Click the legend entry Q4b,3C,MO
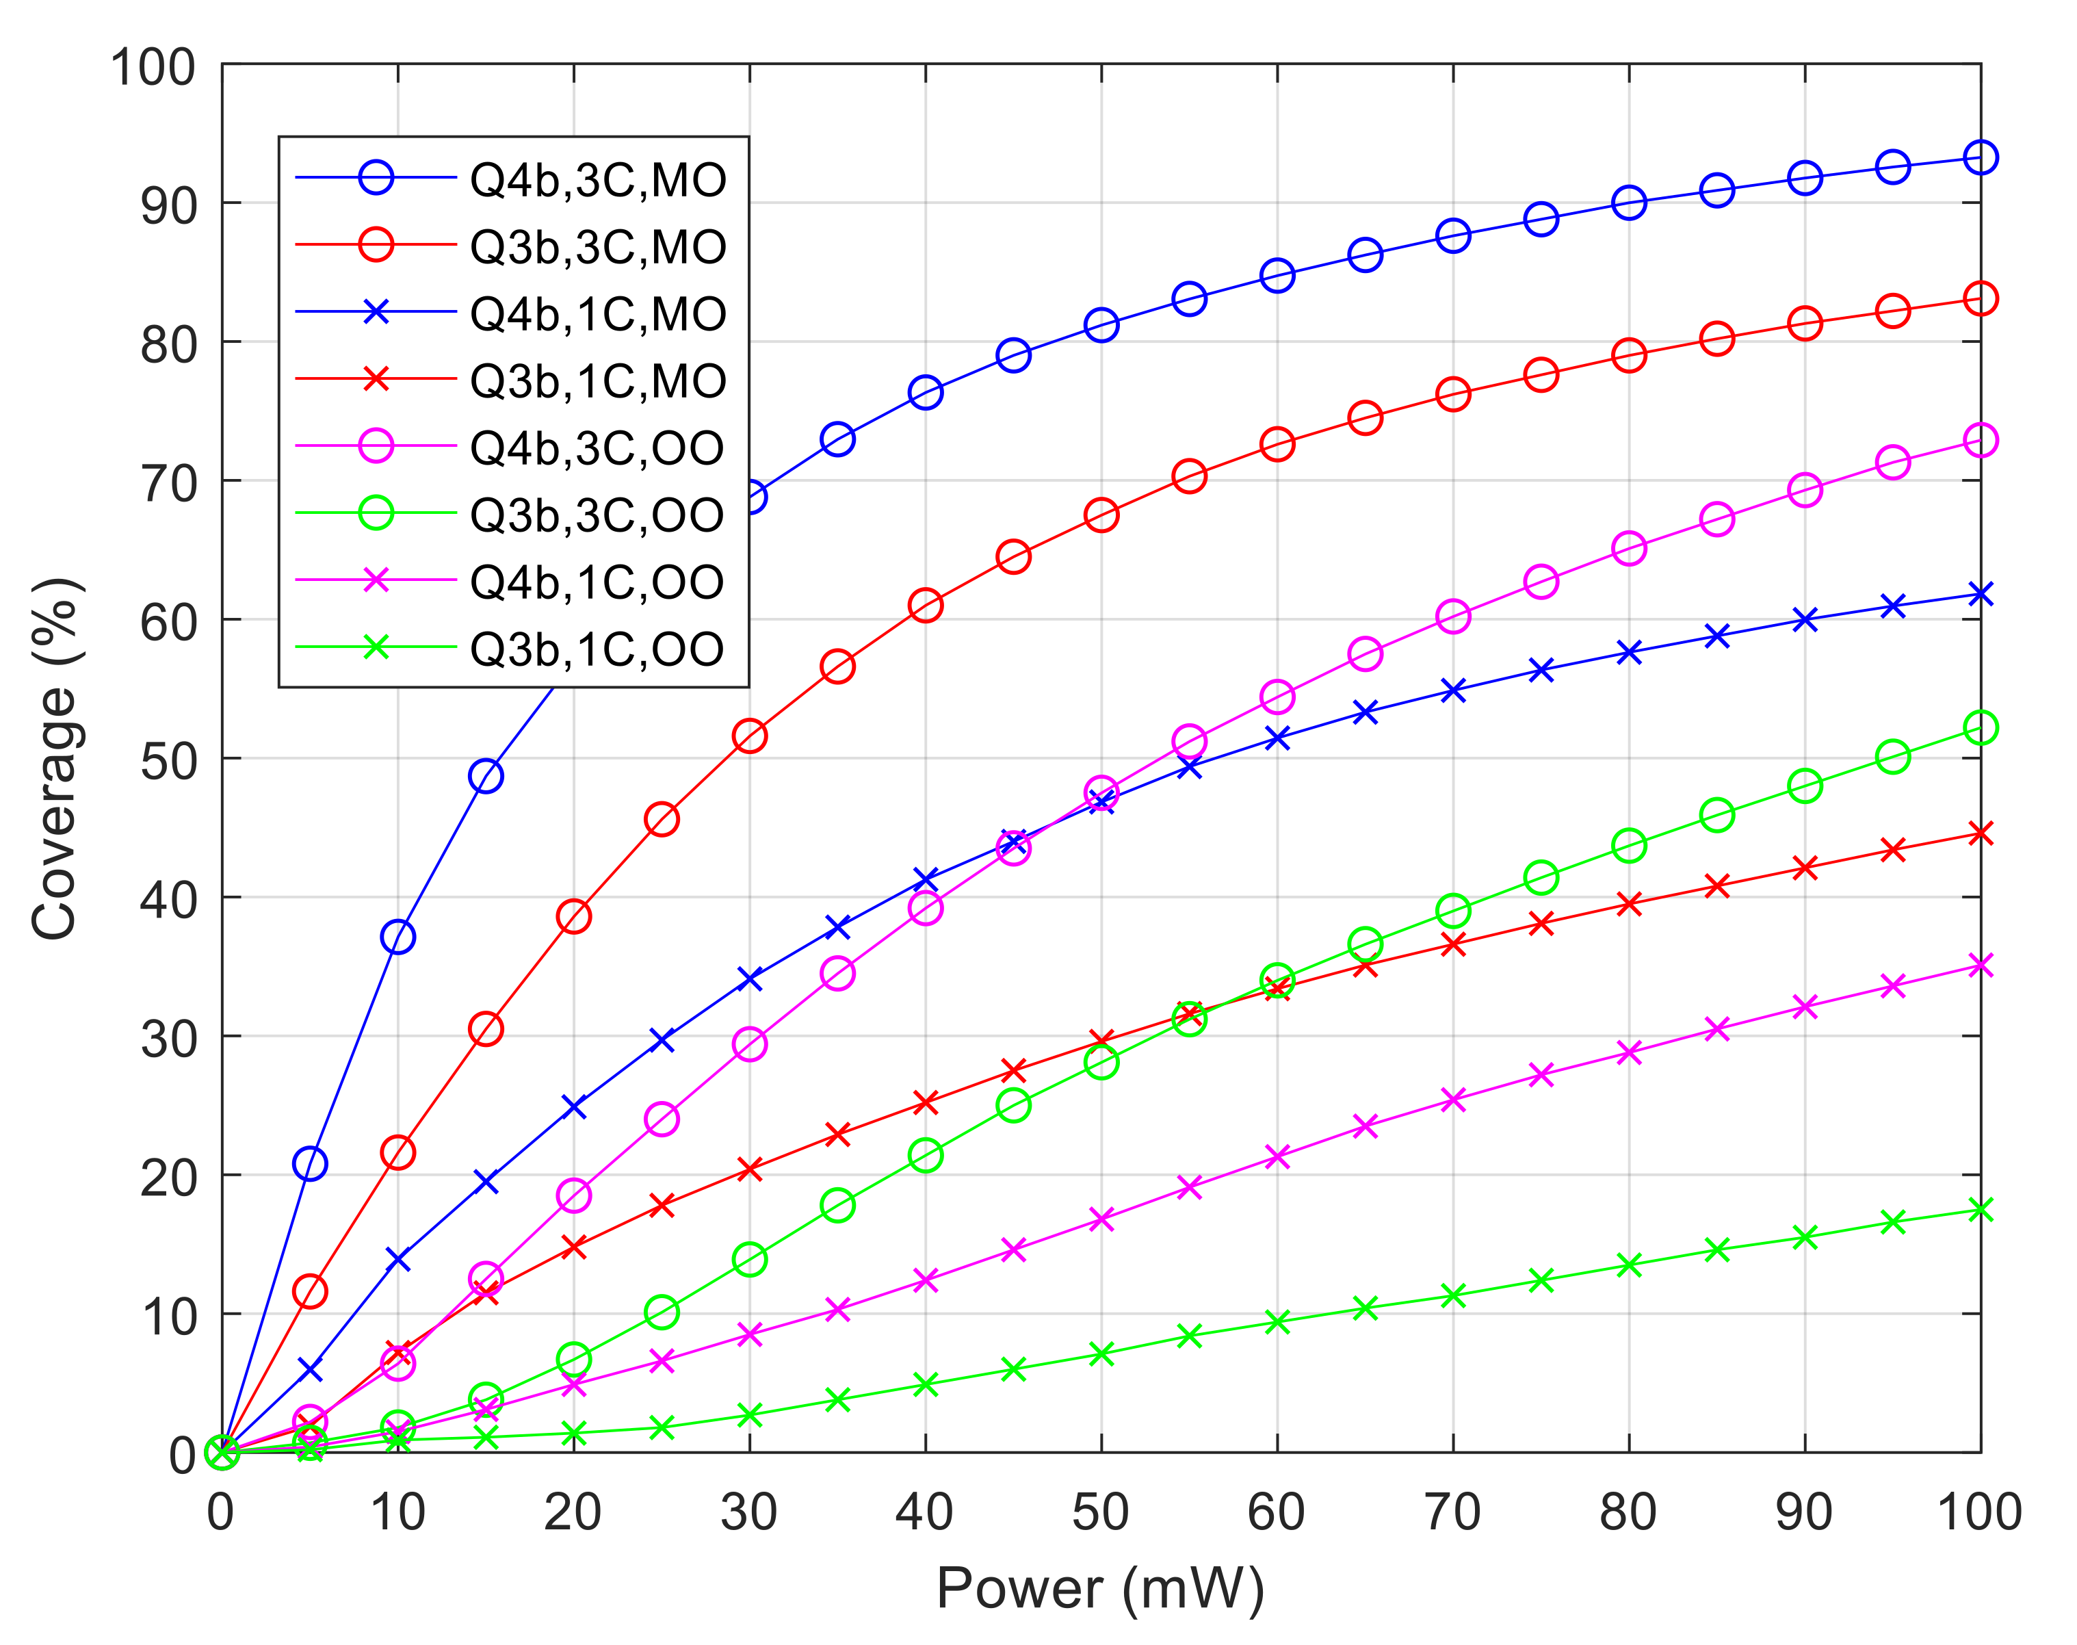click(597, 180)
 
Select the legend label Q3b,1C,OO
click(597, 649)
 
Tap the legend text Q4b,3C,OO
click(597, 448)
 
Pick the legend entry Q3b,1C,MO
click(597, 381)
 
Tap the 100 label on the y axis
click(152, 68)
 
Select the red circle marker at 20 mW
click(574, 916)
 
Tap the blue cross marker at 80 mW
click(1628, 653)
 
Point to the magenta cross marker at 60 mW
click(1277, 1156)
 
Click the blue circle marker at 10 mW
click(397, 937)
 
